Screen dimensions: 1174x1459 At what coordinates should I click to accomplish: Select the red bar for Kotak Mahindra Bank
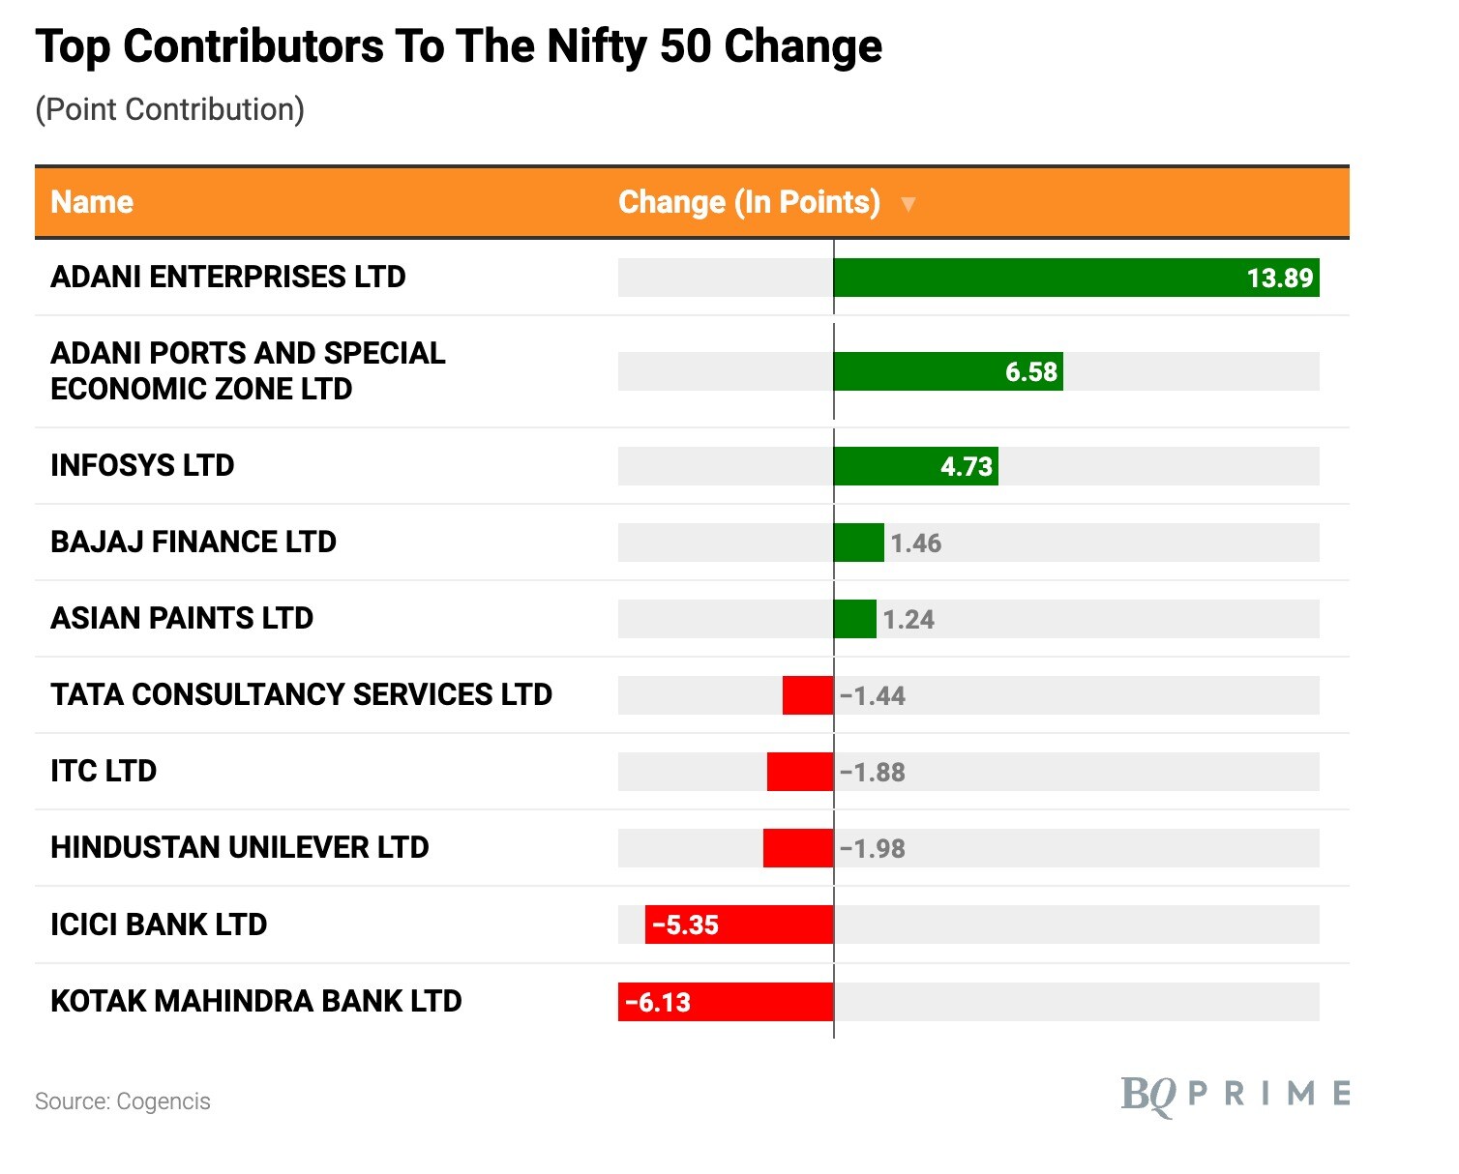pos(726,1002)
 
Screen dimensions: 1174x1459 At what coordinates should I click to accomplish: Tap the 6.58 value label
pos(1031,372)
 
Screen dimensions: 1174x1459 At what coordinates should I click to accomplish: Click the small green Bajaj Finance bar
pos(858,543)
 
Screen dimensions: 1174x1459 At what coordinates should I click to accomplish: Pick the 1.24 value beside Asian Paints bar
pos(908,620)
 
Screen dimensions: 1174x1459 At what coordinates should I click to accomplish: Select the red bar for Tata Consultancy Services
pos(808,695)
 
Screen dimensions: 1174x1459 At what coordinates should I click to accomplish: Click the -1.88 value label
pos(873,773)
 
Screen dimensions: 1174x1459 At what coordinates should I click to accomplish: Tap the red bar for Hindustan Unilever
pos(798,848)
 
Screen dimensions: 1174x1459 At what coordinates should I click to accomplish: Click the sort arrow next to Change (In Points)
pos(908,204)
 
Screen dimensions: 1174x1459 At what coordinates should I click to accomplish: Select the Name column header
pos(92,202)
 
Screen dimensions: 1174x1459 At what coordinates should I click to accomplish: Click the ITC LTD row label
pos(104,771)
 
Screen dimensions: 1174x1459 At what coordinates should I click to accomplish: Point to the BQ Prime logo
pos(1236,1095)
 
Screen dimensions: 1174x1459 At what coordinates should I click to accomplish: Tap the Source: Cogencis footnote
pos(123,1101)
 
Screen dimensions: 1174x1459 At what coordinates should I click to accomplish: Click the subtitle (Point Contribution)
pos(169,109)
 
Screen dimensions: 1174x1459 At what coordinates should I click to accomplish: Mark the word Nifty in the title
pos(596,46)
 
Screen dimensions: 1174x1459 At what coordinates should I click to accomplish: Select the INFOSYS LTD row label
pos(142,465)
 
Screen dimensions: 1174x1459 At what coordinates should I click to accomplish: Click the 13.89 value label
pos(1279,279)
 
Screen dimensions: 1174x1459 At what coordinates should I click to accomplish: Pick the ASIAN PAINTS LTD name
pos(182,618)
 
